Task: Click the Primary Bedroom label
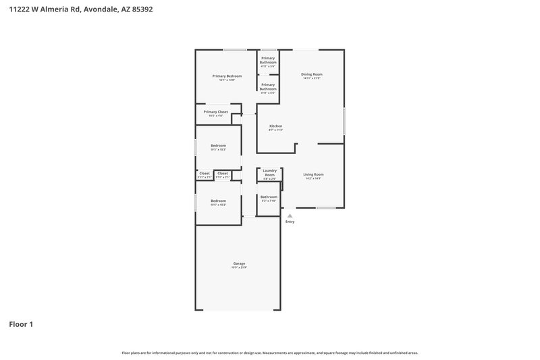(x=227, y=76)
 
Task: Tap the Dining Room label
(x=311, y=74)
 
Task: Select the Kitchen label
(x=275, y=126)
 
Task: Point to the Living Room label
(x=313, y=175)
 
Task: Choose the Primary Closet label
(x=216, y=111)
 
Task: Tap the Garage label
(x=239, y=263)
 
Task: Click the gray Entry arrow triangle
(x=290, y=215)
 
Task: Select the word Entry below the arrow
(x=290, y=222)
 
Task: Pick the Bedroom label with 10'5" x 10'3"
(x=218, y=146)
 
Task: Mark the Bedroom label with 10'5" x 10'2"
(x=218, y=201)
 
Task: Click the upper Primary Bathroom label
(x=268, y=61)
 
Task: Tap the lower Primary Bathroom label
(x=268, y=86)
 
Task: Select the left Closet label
(x=204, y=174)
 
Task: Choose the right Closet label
(x=222, y=174)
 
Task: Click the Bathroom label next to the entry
(x=269, y=197)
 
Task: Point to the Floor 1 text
(x=21, y=324)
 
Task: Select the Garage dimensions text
(x=239, y=267)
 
